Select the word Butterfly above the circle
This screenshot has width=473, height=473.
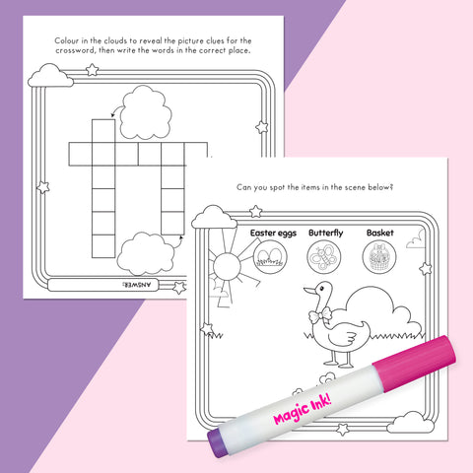[x=325, y=233]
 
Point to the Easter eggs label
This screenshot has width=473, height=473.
[x=268, y=233]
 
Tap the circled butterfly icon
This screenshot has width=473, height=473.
[x=324, y=257]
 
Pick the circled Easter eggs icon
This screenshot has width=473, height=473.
[x=267, y=257]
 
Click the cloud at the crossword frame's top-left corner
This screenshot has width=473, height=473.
[x=45, y=75]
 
